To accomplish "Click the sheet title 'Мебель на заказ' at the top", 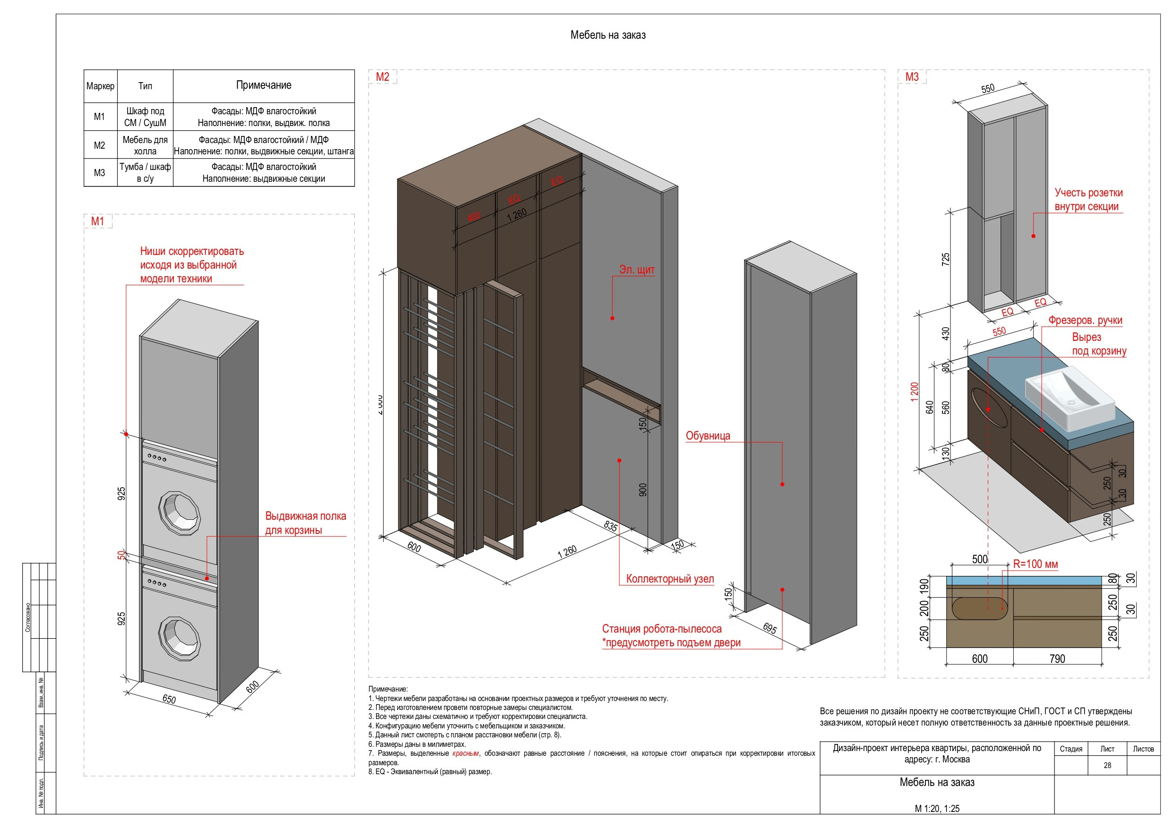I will tap(607, 35).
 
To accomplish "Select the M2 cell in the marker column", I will tap(100, 145).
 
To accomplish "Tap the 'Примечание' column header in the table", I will tap(264, 85).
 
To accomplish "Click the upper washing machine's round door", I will tap(179, 513).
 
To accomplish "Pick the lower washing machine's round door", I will tap(179, 638).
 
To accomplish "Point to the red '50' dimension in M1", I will tap(121, 555).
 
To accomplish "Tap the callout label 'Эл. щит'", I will tap(636, 270).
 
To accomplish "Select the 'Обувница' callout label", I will tap(708, 436).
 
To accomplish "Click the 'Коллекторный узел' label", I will tap(670, 579).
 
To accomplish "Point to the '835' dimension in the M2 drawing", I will tap(610, 525).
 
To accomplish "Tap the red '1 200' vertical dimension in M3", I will tap(914, 392).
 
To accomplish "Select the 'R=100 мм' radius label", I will tap(1035, 564).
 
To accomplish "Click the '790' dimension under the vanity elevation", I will tap(1057, 659).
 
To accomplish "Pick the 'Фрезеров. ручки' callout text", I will tap(1085, 321).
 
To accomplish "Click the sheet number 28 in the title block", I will tap(1107, 765).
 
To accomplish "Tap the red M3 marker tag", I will tap(912, 77).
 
